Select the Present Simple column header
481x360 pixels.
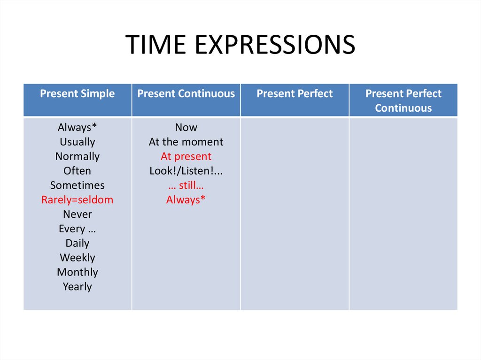(78, 93)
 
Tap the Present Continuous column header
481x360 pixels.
(186, 93)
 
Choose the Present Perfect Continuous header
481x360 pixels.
(403, 100)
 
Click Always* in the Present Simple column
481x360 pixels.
(78, 127)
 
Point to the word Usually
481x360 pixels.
(78, 142)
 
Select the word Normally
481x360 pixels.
(78, 156)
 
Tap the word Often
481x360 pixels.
(78, 171)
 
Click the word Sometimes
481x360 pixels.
(78, 185)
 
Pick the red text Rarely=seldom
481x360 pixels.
(78, 200)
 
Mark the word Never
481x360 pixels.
(78, 214)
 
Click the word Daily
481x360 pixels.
(78, 244)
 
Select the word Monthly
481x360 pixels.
(78, 272)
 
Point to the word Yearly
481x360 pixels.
(78, 287)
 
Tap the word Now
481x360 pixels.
(186, 127)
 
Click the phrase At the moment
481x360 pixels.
(186, 142)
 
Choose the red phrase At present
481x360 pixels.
(186, 156)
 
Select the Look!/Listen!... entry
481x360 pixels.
(186, 171)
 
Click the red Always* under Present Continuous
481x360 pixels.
(186, 200)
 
